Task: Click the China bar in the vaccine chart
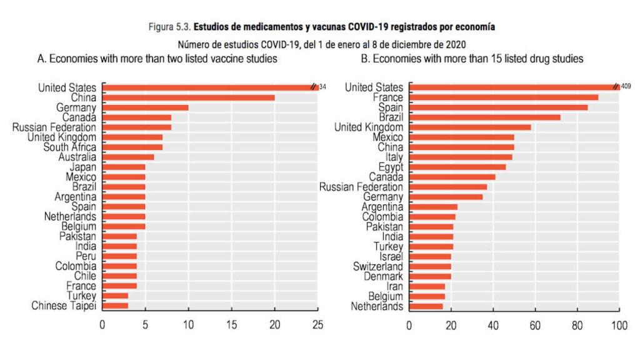(x=189, y=97)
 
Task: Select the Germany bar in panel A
(x=146, y=107)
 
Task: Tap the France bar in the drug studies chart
(x=504, y=97)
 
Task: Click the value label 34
(x=322, y=87)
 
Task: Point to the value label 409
(x=626, y=87)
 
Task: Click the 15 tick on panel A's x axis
(x=232, y=325)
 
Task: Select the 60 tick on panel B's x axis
(x=535, y=325)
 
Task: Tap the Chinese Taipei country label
(x=64, y=306)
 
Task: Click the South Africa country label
(x=69, y=147)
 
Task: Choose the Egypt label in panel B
(x=391, y=167)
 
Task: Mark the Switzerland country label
(x=378, y=266)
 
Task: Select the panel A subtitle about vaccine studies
(x=157, y=59)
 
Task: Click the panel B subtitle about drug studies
(x=472, y=59)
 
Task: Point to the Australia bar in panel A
(x=128, y=157)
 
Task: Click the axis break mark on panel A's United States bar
(x=314, y=87)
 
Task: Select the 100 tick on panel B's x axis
(x=619, y=325)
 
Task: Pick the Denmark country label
(x=383, y=276)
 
